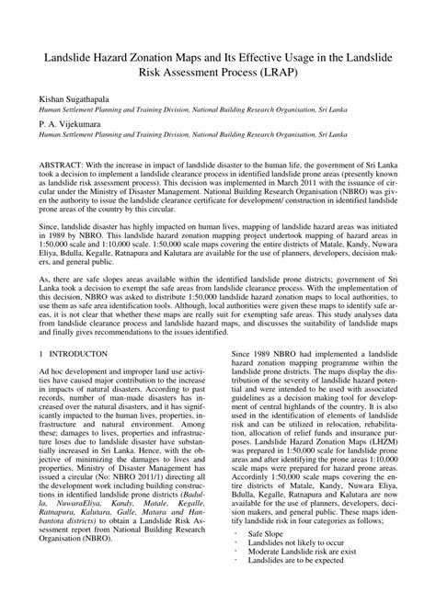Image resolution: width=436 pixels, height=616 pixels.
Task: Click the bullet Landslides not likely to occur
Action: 295,569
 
